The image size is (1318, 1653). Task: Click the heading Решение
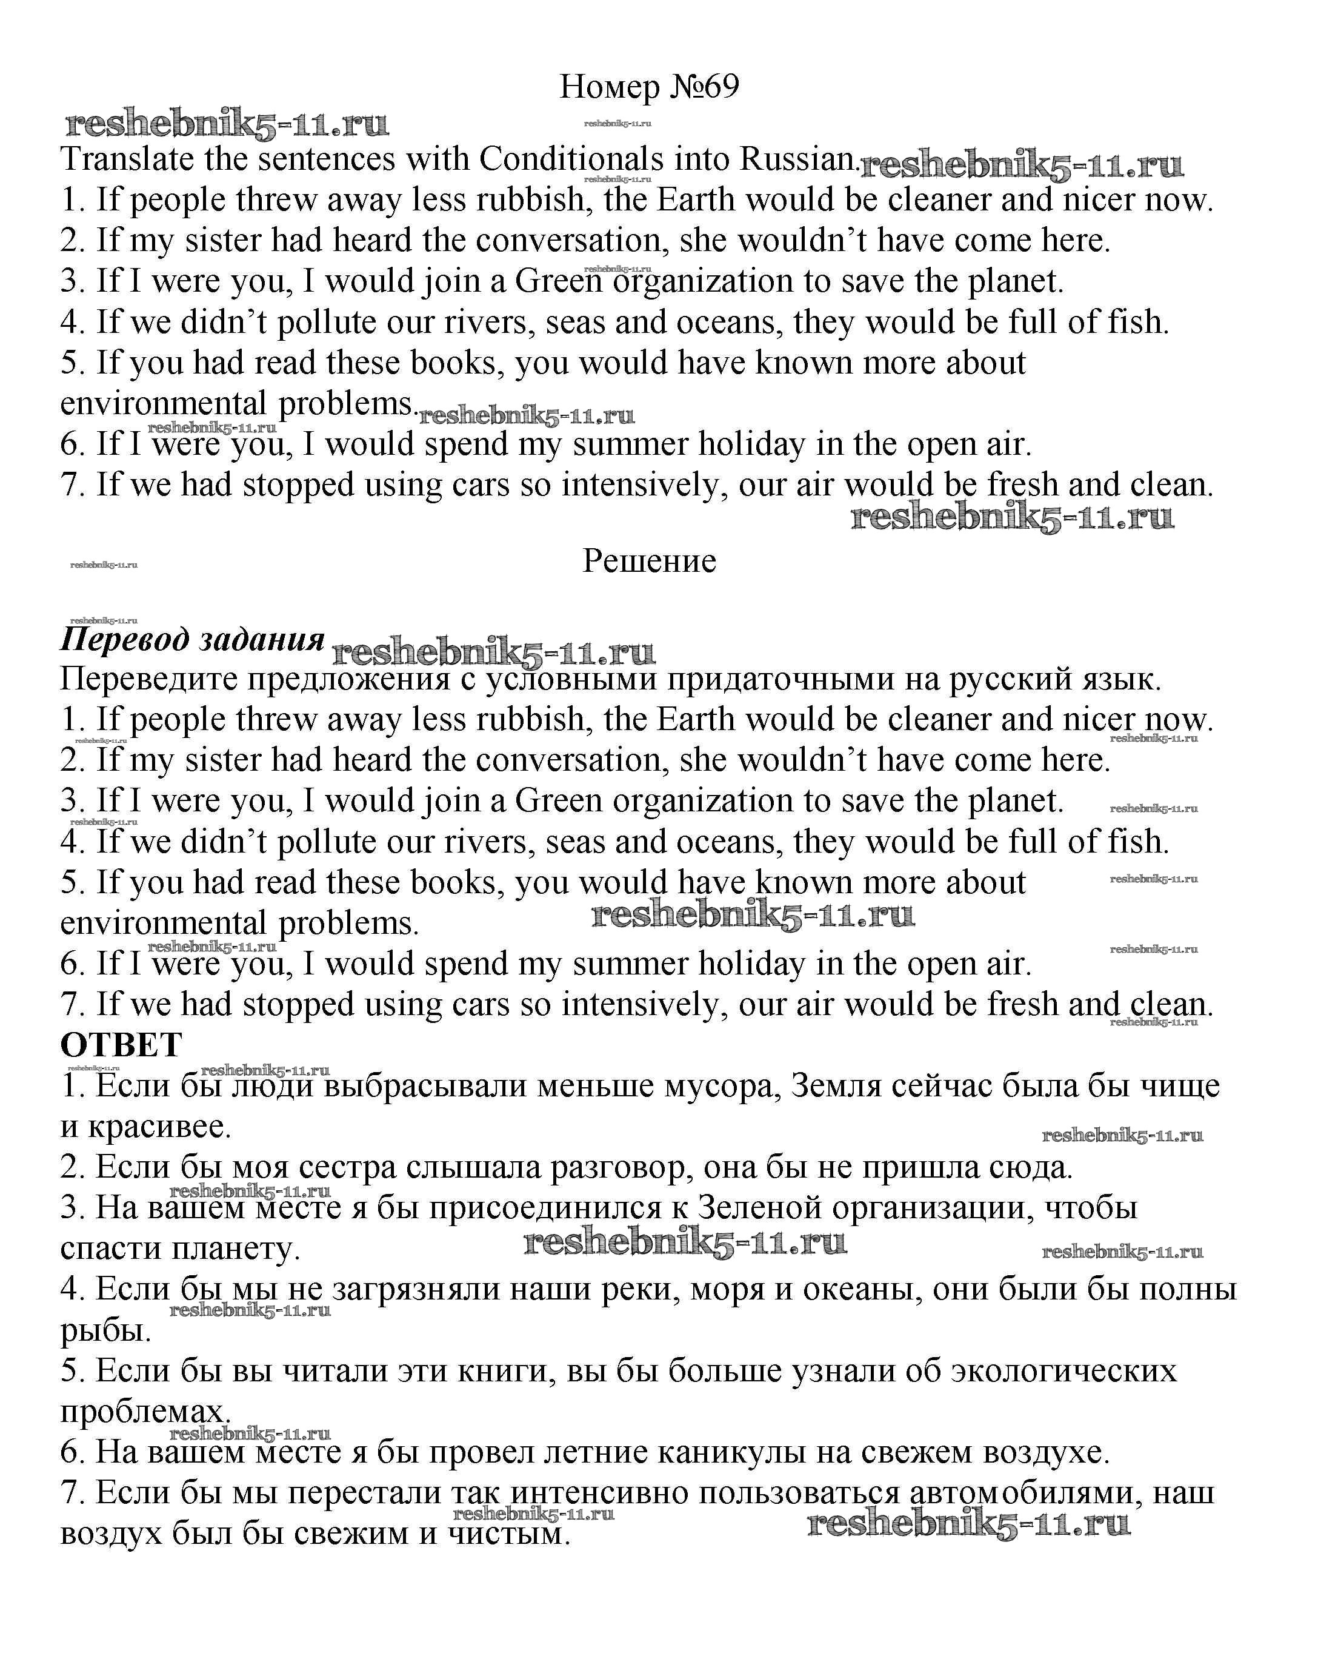click(x=649, y=562)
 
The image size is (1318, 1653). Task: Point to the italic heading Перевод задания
click(x=192, y=639)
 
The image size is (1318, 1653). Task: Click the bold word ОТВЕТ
click(x=121, y=1045)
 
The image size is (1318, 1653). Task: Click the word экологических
click(x=1063, y=1371)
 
